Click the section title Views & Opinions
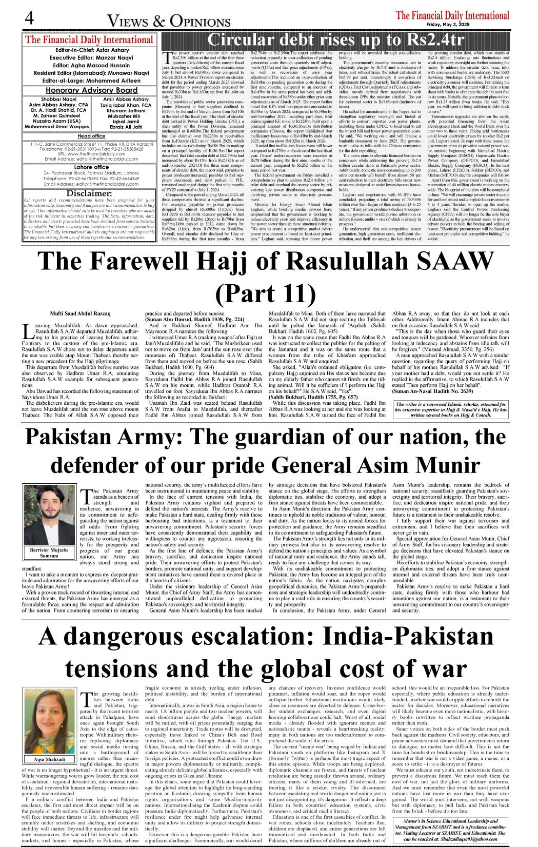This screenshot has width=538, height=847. tap(168, 21)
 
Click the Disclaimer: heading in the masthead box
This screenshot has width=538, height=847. tap(89, 193)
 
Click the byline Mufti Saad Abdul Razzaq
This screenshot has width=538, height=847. tap(80, 313)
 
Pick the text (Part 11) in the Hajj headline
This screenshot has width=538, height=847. tap(266, 293)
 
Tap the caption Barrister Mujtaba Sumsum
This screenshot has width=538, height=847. tap(49, 553)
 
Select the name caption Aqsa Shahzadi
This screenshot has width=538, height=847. tap(50, 759)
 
